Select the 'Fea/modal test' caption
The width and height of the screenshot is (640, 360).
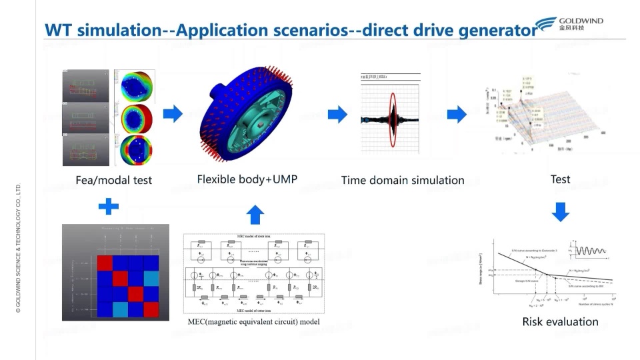(113, 180)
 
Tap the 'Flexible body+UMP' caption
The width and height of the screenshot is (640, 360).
(247, 179)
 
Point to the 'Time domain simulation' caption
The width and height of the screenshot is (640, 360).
(403, 180)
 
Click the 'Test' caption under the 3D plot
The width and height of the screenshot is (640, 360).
(560, 179)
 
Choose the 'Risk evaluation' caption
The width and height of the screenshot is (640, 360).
(560, 322)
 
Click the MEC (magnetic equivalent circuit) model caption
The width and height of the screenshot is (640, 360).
(253, 323)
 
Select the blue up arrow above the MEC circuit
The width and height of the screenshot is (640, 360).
(255, 215)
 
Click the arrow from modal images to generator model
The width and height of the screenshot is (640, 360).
(173, 114)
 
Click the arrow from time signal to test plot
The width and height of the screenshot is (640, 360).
(457, 114)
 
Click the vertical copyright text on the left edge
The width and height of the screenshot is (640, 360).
(19, 254)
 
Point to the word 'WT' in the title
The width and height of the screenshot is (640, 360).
(59, 31)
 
